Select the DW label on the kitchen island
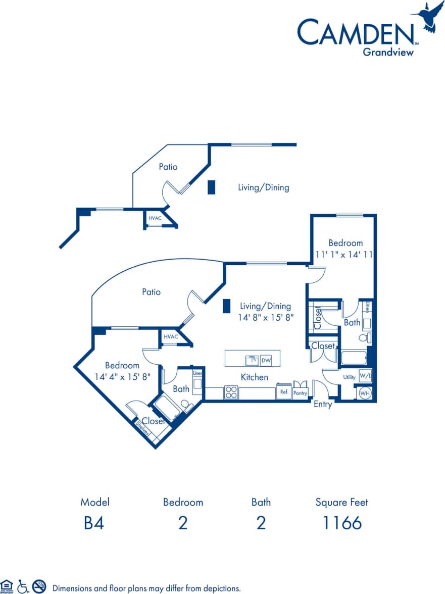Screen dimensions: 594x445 (266, 360)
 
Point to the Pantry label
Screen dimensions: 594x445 (300, 393)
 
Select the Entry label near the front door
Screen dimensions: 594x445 (323, 405)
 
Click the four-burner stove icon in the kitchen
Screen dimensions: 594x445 (231, 392)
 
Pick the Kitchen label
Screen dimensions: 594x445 (254, 377)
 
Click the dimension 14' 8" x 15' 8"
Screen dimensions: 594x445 (266, 318)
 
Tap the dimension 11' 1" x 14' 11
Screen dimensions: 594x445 (344, 255)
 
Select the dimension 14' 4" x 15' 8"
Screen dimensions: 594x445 (122, 376)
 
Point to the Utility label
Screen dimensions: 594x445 (349, 377)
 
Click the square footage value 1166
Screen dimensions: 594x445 (342, 523)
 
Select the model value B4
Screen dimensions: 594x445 (94, 523)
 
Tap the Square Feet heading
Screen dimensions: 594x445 (342, 502)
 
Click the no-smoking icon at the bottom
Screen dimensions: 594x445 (39, 586)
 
